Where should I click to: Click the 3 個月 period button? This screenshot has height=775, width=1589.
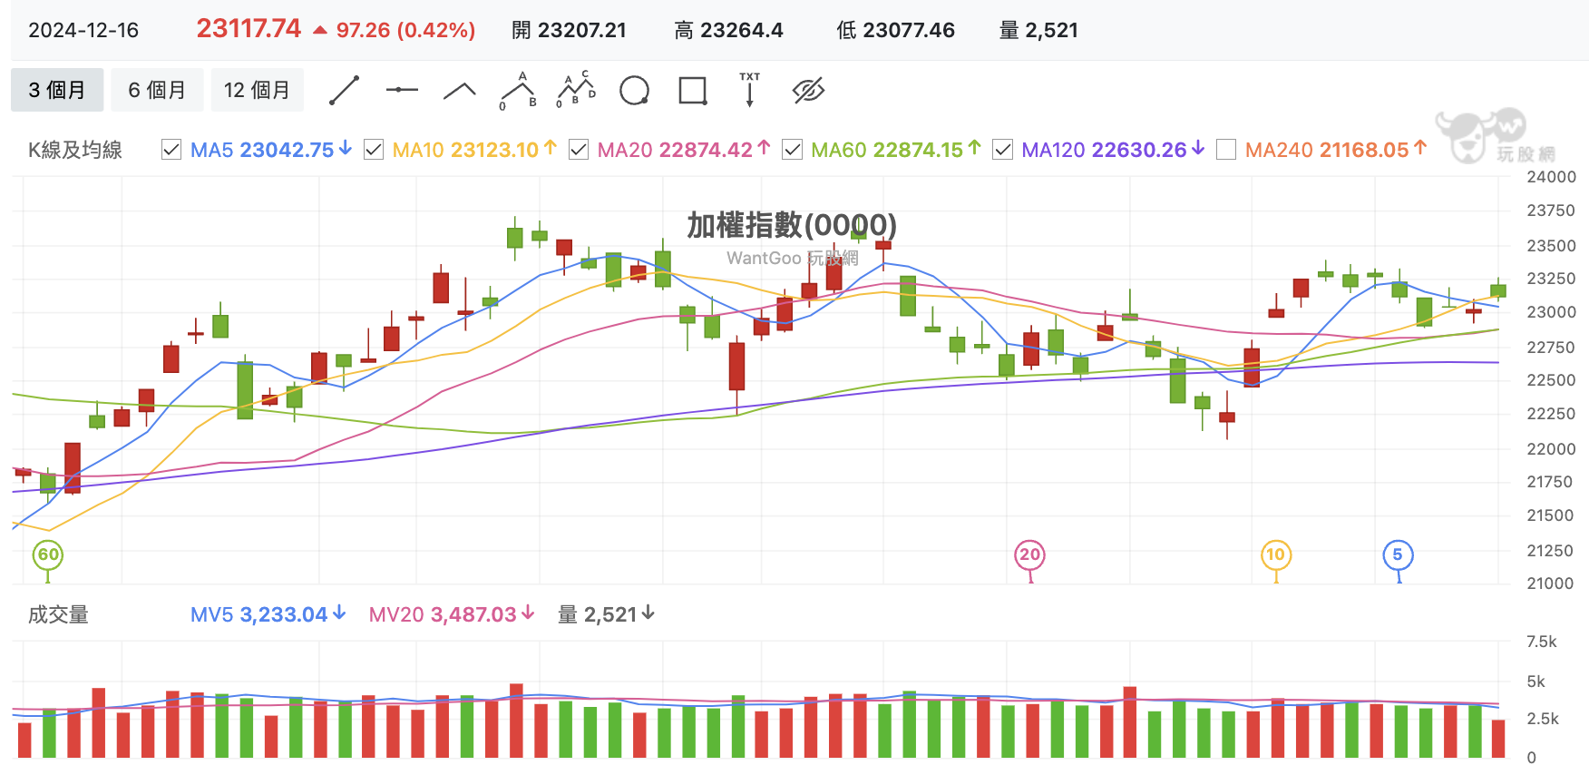(57, 90)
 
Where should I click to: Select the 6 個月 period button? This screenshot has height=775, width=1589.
(157, 90)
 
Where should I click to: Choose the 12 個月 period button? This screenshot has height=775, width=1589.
(257, 90)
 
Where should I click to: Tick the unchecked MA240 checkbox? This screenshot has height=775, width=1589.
(1226, 150)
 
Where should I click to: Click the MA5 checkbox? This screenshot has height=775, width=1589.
(171, 150)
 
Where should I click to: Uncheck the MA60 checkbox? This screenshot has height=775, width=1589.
(792, 150)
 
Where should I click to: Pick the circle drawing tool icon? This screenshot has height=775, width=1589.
(634, 91)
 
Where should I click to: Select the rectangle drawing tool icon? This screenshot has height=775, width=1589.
(693, 91)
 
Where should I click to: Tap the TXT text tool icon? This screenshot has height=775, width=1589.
(750, 90)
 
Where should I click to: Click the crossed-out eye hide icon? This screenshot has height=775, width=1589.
(808, 90)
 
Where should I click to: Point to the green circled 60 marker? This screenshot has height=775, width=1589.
(48, 554)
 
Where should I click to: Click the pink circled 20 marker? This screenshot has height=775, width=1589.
(1029, 554)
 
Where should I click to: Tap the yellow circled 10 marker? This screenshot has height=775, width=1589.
(1276, 554)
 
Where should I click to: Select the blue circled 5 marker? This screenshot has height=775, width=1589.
(1398, 554)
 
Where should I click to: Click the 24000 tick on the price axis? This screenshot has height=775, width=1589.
(1551, 177)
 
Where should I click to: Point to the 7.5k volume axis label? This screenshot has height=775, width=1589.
(1542, 642)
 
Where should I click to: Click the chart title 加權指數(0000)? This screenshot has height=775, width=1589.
(792, 225)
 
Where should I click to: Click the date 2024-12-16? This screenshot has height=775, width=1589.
(83, 30)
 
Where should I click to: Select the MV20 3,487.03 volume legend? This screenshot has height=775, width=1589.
(452, 614)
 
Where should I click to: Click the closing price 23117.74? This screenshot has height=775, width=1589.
(249, 29)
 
